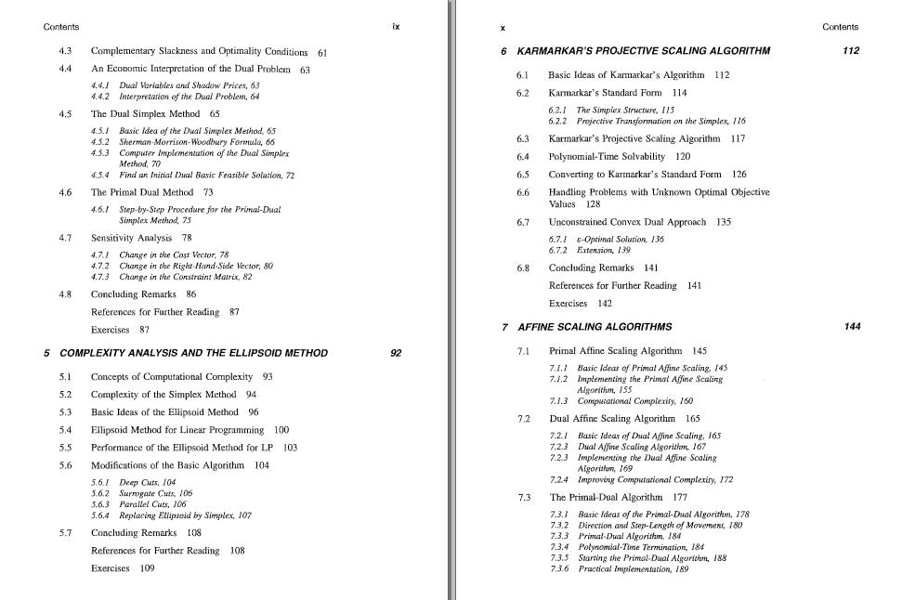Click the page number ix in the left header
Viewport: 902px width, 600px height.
(396, 27)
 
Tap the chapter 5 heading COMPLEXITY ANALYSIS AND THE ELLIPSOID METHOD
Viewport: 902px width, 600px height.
(193, 353)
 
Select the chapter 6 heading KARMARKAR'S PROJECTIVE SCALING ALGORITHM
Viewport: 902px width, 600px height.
(643, 51)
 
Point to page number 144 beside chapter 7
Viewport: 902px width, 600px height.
(852, 327)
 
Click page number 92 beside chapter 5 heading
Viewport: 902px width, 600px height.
(397, 353)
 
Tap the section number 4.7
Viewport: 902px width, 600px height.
(65, 238)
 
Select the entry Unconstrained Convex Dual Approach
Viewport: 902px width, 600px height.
(627, 222)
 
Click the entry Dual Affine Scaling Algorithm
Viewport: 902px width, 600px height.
(612, 419)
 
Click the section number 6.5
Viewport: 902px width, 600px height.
(523, 175)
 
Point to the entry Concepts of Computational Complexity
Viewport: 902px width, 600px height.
(172, 377)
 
